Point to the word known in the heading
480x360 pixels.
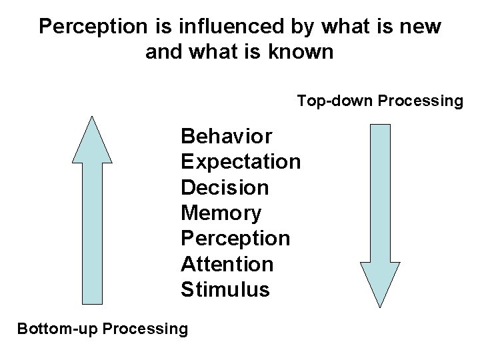(303, 52)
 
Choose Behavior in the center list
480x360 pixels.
(226, 137)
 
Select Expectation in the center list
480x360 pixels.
(241, 162)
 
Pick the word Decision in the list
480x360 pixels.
(225, 187)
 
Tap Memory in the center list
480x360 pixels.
(221, 213)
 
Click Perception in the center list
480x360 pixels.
(235, 239)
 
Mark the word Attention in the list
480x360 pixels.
(227, 264)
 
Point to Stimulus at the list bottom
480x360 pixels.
(225, 290)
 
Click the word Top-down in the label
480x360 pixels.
(335, 101)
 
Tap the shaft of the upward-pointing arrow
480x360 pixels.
(92, 233)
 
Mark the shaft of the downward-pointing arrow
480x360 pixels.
(380, 193)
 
